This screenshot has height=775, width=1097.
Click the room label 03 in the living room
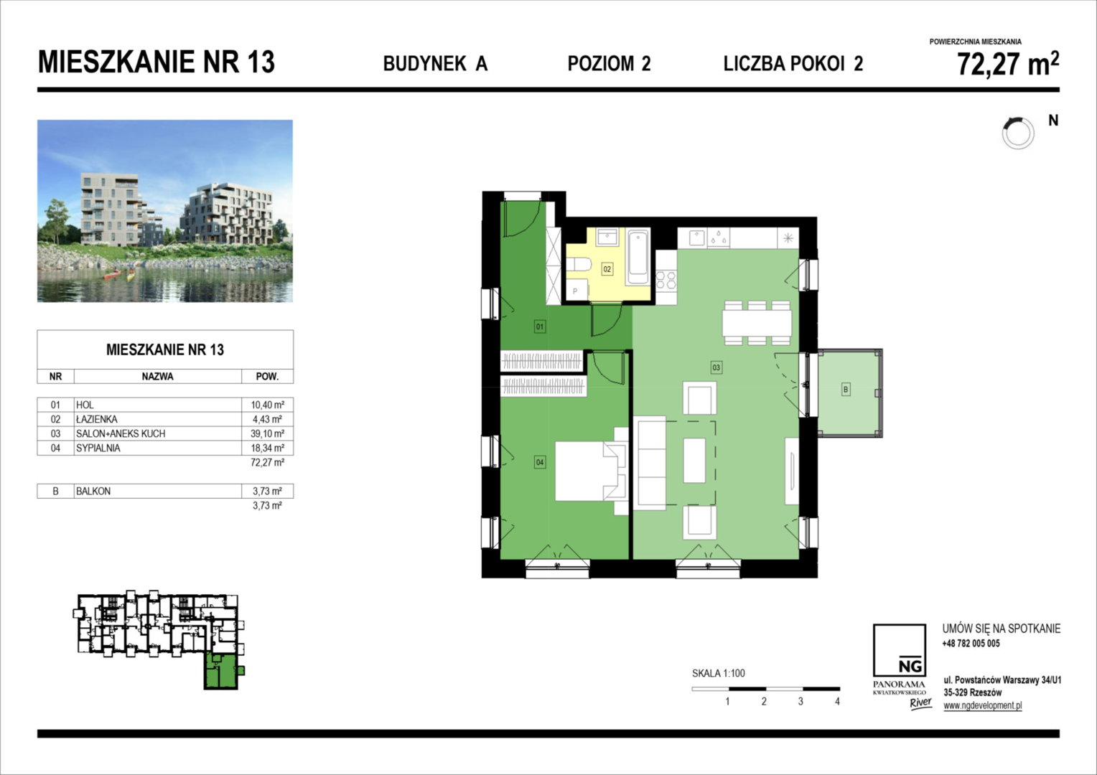tap(716, 367)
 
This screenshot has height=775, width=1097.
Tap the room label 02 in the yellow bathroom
tap(607, 269)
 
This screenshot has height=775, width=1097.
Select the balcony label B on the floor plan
tap(845, 389)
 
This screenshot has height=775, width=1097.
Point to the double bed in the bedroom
tap(591, 471)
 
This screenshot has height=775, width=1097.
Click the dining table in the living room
tap(757, 323)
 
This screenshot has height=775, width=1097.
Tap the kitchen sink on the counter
tap(697, 238)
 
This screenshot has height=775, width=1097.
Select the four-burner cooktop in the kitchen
tap(666, 281)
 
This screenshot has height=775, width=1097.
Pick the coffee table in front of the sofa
tap(694, 461)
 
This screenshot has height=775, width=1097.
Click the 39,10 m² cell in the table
tap(267, 433)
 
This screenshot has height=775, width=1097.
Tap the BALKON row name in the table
tap(93, 491)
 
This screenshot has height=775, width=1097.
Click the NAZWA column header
tap(158, 377)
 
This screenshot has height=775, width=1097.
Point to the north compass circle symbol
tap(1017, 133)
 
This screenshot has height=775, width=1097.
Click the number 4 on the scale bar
tap(837, 702)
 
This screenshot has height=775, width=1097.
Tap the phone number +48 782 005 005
tap(971, 643)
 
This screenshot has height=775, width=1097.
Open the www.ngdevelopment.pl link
tap(982, 705)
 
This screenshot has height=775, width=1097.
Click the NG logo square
tap(899, 650)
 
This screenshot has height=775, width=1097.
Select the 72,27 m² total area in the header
tap(1008, 64)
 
